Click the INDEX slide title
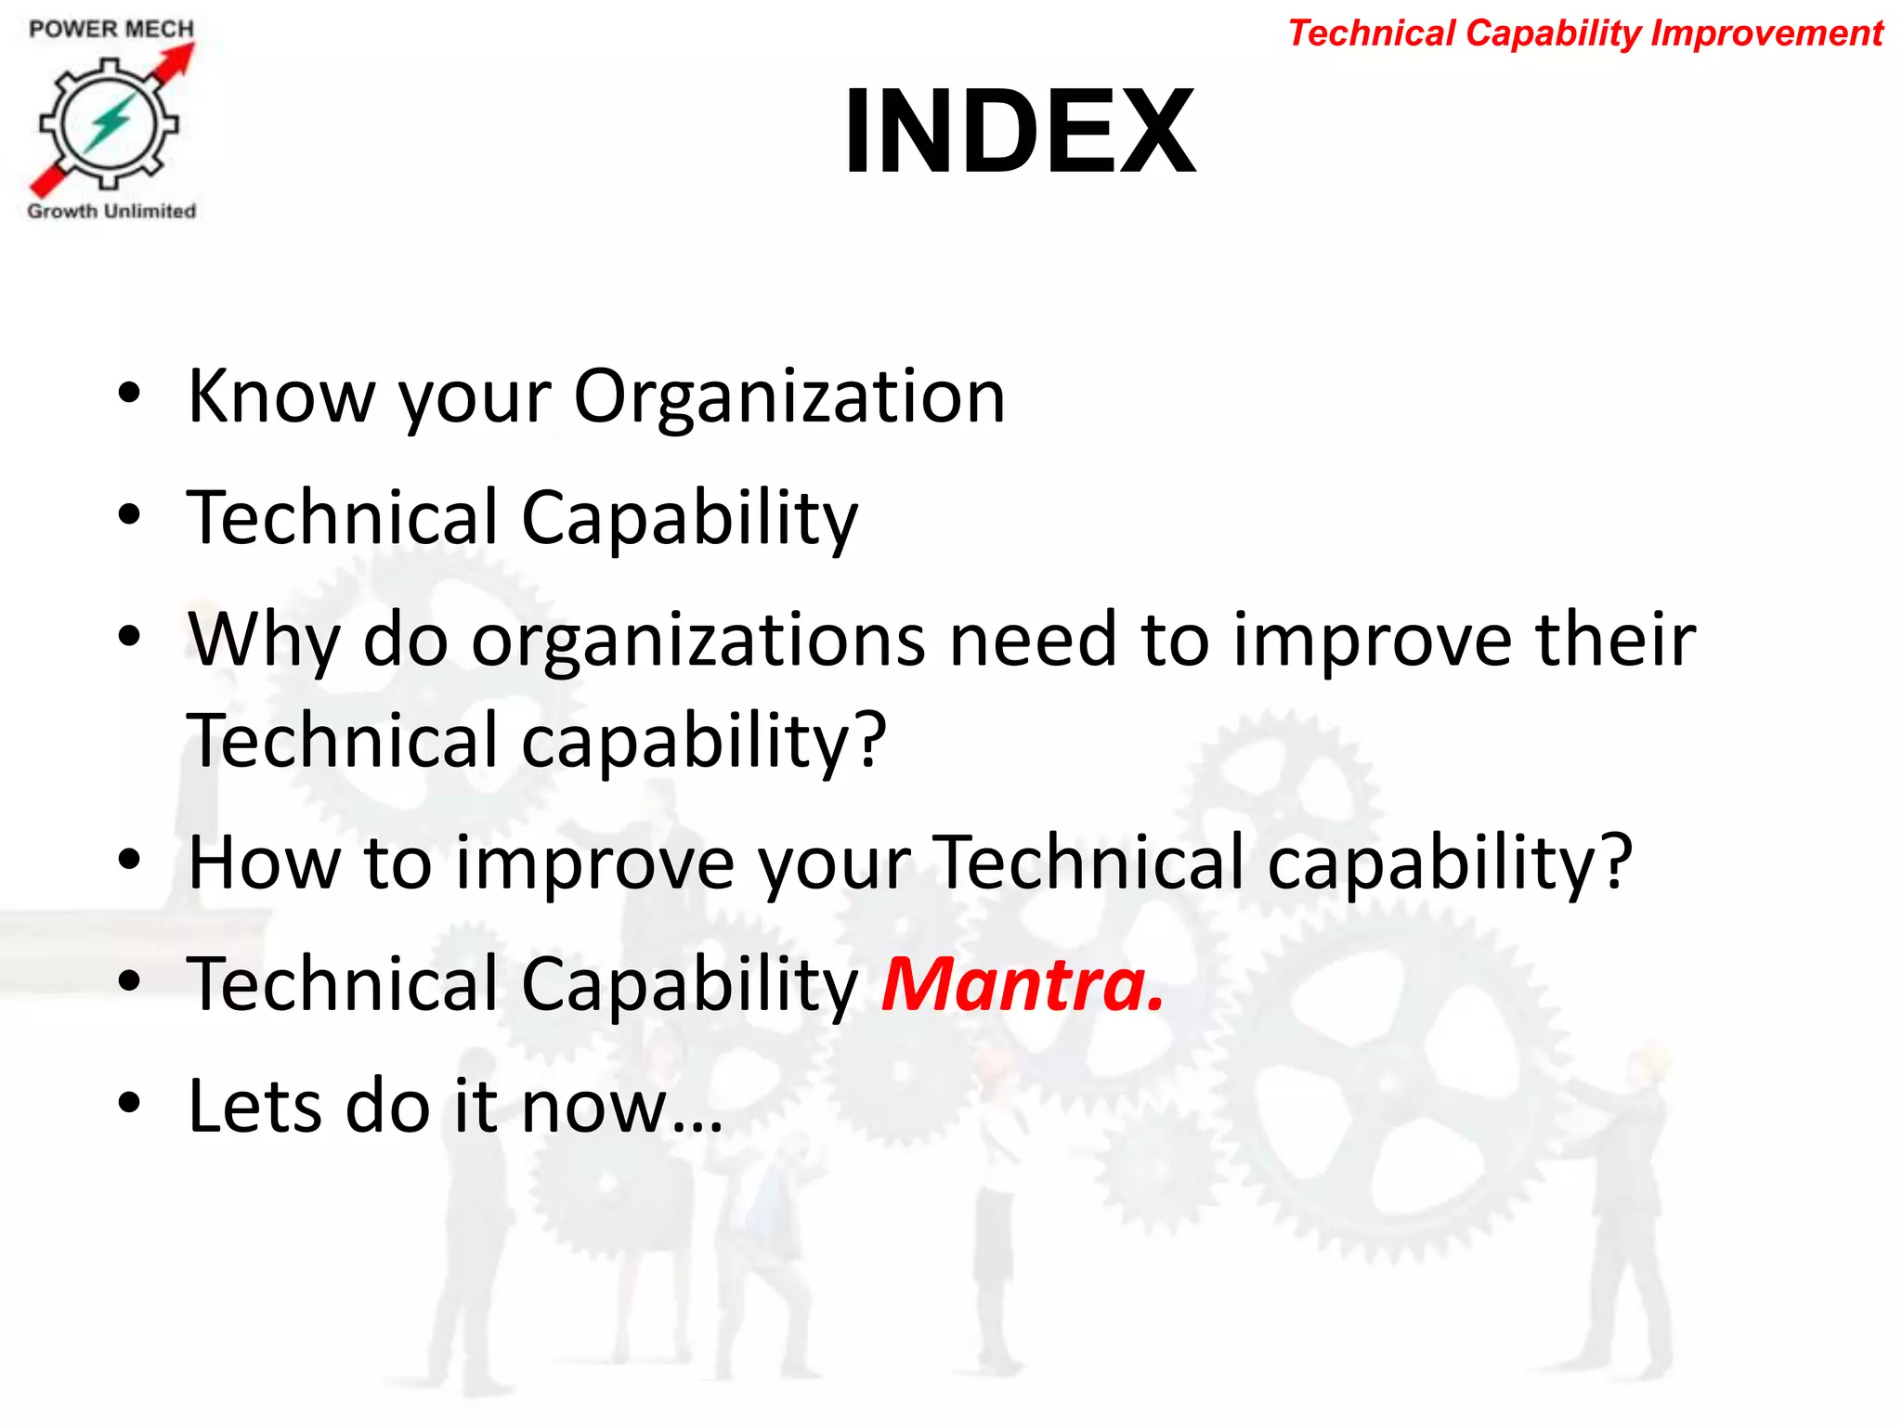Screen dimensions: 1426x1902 coord(1019,131)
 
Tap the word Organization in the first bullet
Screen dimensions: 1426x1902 coord(789,397)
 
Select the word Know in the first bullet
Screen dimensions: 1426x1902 coord(280,396)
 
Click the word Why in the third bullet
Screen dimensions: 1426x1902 coord(264,640)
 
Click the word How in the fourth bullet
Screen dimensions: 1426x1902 coord(264,862)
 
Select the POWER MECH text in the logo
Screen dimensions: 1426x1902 coord(111,29)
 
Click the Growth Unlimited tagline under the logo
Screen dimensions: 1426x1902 coord(111,211)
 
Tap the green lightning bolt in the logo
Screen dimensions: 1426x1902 coord(110,123)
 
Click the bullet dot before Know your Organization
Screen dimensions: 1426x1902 coord(129,394)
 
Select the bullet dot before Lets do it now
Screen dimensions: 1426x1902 coord(129,1103)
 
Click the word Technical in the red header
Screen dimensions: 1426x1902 coord(1372,33)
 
